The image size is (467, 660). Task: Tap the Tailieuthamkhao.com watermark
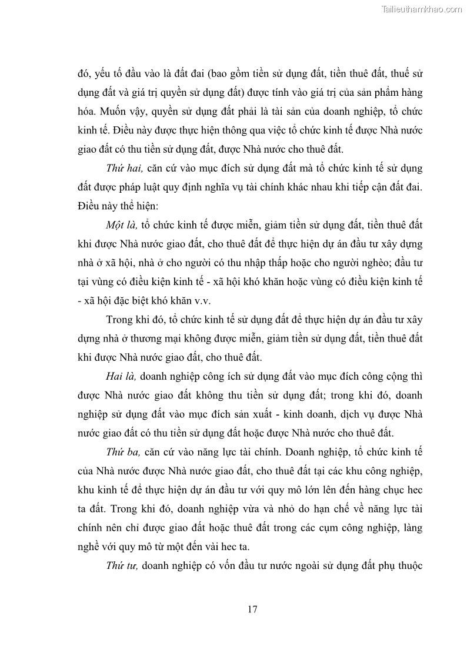[x=422, y=9]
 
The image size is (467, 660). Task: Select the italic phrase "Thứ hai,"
[x=124, y=168]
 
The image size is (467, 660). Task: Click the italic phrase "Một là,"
[x=121, y=225]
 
